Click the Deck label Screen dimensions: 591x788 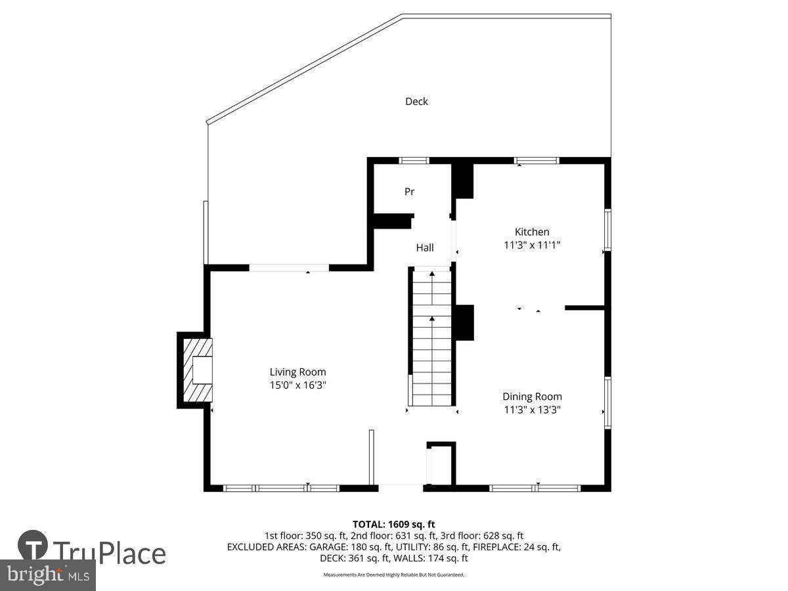416,101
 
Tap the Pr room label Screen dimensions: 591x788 409,192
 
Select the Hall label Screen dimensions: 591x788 425,248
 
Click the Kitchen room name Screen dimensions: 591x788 531,232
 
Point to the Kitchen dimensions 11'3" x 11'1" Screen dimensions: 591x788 531,245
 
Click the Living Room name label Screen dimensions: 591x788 297,372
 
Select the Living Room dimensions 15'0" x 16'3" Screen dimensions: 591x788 297,385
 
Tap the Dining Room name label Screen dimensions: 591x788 532,396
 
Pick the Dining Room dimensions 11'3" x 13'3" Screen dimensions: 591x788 532,409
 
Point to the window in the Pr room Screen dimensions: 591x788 414,160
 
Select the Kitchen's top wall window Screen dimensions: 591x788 536,160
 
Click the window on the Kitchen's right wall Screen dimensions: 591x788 607,229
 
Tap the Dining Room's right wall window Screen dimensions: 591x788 607,403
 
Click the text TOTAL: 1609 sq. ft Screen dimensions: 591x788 394,524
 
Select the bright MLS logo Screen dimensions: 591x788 47,575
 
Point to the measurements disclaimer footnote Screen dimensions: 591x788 394,575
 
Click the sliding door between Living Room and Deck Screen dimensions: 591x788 289,267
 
